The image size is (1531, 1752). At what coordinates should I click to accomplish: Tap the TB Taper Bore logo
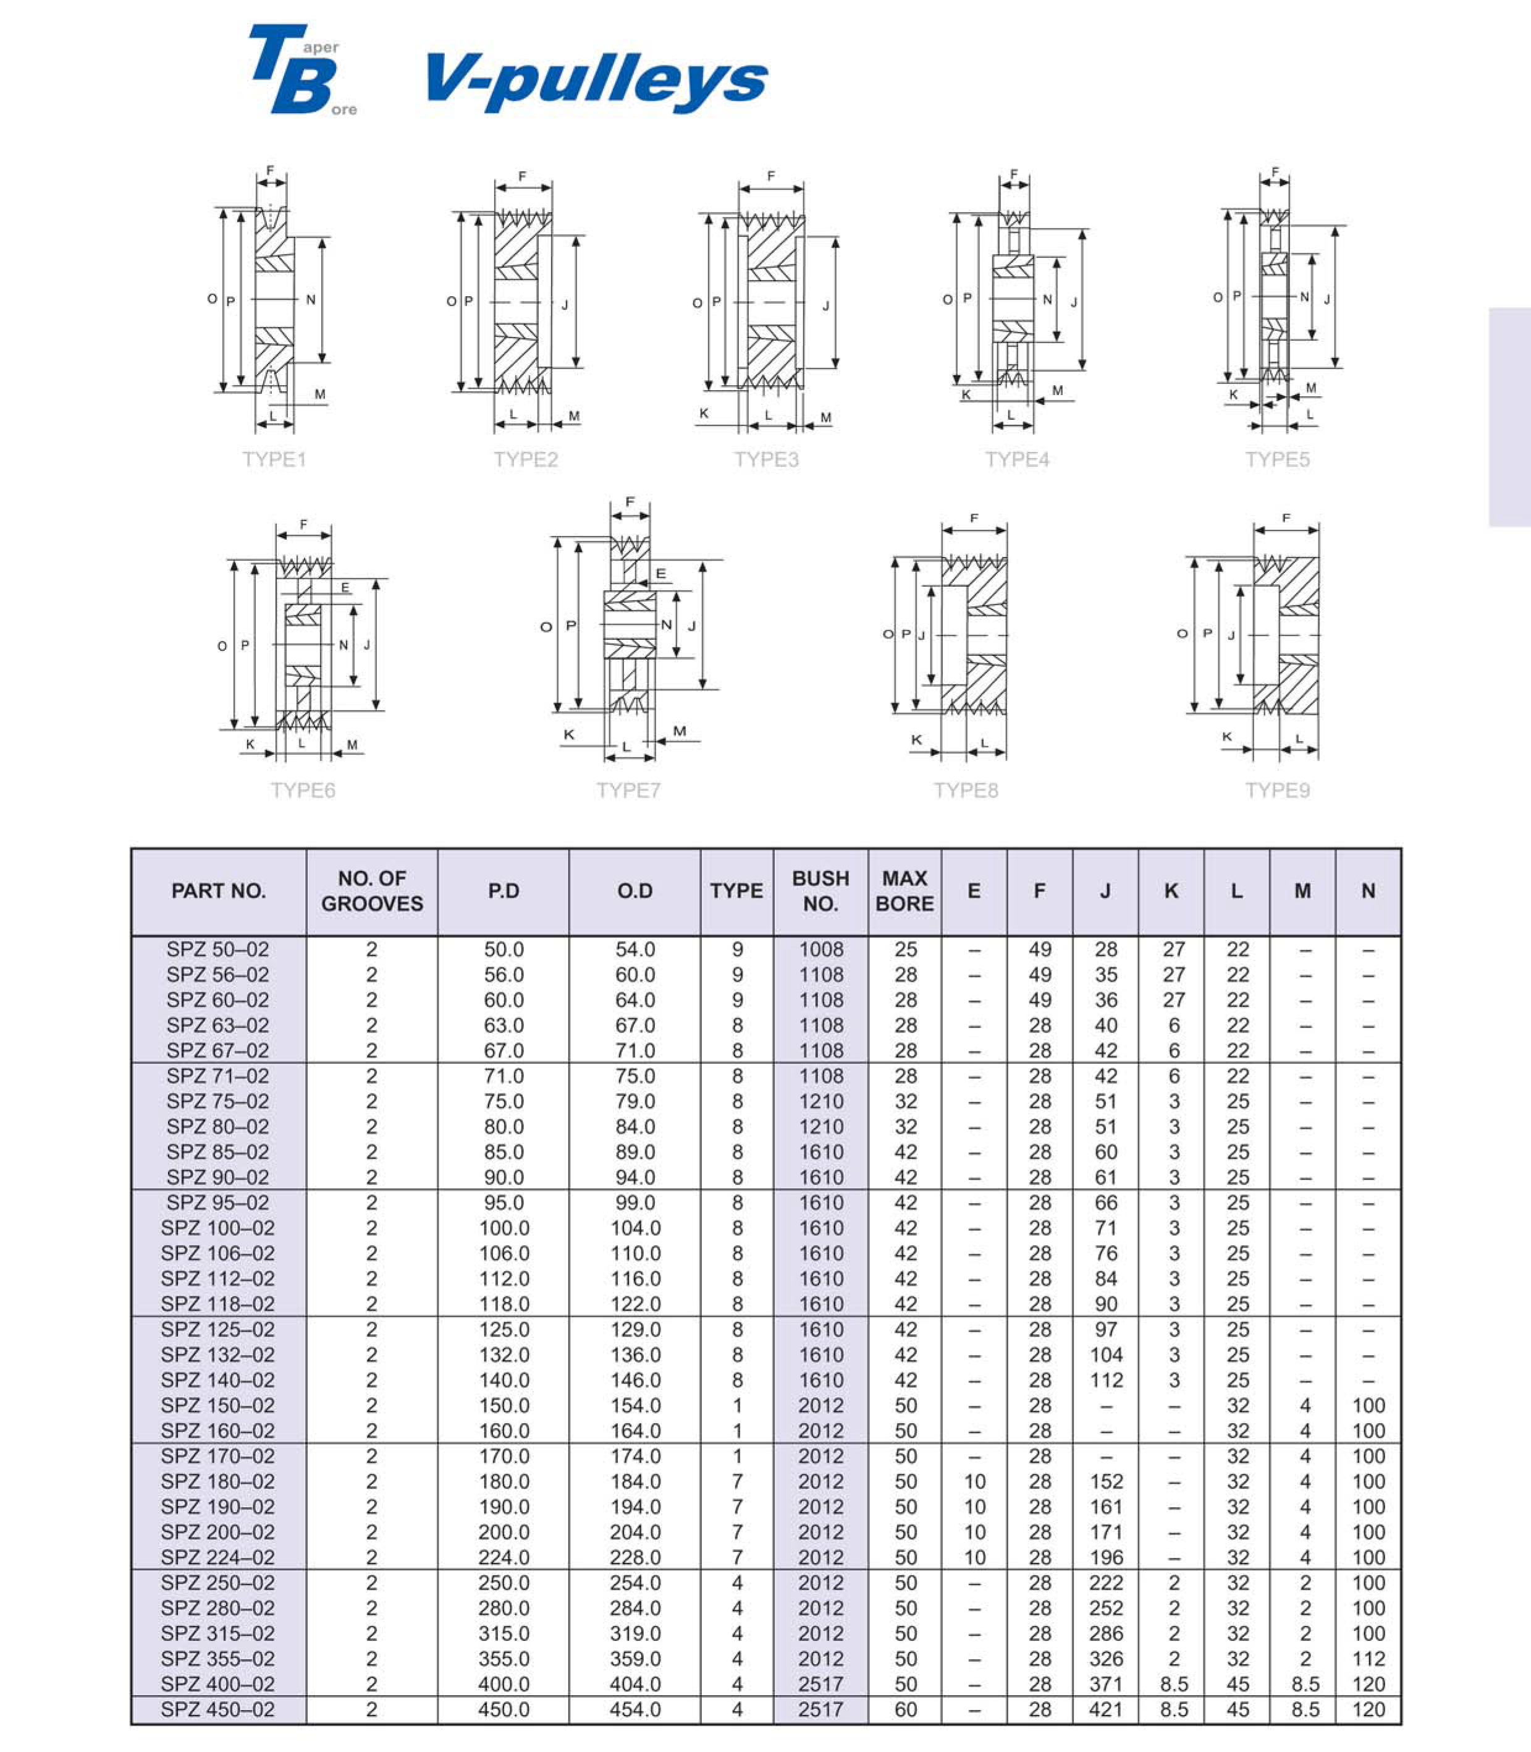click(x=301, y=70)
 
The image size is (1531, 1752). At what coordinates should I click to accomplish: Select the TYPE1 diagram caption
click(x=274, y=460)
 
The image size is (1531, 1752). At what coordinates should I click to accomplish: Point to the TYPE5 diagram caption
click(x=1277, y=460)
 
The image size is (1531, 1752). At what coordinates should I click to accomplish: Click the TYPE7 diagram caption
click(x=629, y=791)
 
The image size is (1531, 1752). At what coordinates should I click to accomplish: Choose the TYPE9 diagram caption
click(x=1277, y=791)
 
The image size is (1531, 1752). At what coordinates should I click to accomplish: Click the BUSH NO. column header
click(x=820, y=891)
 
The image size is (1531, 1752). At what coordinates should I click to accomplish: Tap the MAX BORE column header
click(x=905, y=891)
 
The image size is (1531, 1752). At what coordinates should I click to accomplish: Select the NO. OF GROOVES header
click(x=372, y=891)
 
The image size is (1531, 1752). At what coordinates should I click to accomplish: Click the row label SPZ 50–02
click(x=218, y=950)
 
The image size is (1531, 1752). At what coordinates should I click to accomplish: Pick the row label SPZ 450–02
click(x=218, y=1709)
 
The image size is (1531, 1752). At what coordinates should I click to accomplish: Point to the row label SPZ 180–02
click(x=218, y=1481)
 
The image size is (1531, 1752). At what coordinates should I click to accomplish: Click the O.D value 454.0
click(x=635, y=1709)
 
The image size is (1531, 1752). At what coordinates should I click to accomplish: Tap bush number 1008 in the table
click(x=821, y=950)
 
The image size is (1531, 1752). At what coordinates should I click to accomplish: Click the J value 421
click(x=1105, y=1709)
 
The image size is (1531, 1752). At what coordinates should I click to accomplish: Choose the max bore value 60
click(x=906, y=1709)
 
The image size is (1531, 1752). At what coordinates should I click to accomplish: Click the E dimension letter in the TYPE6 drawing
click(x=345, y=588)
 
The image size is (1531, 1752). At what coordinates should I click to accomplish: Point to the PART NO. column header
click(x=219, y=891)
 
